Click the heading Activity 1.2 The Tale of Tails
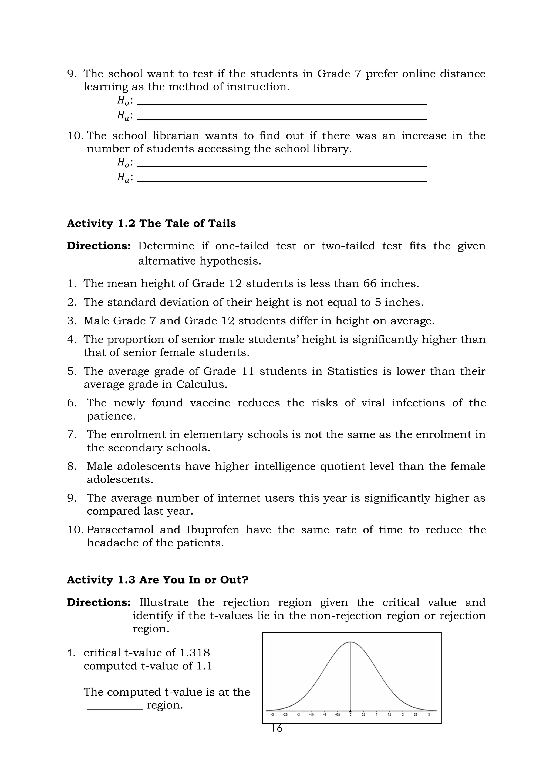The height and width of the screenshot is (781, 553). click(x=151, y=224)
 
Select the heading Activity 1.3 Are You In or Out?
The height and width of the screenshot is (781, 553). click(x=158, y=580)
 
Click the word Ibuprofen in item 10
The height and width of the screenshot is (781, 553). click(x=213, y=530)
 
